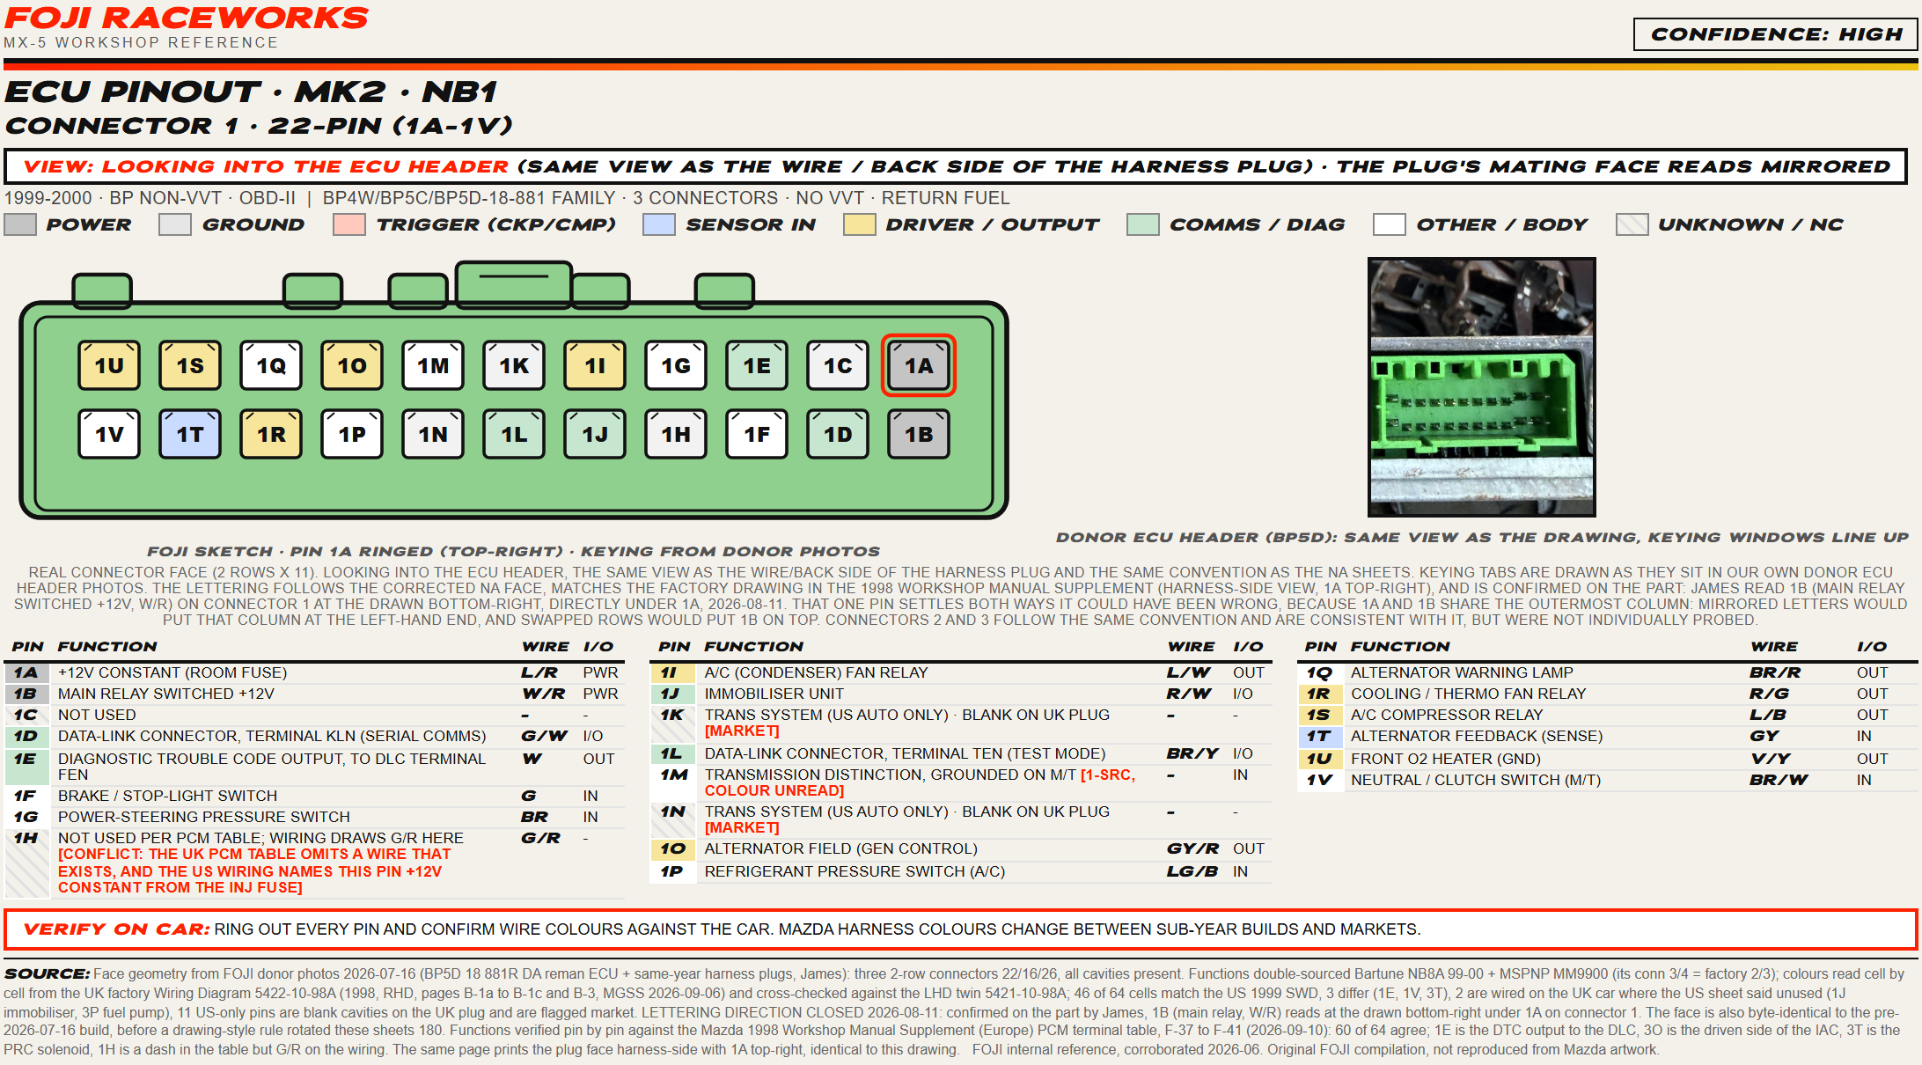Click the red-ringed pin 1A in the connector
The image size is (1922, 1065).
pos(919,365)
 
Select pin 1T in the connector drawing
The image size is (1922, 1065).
pos(190,434)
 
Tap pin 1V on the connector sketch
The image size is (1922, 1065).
pos(109,434)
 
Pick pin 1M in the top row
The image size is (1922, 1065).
pos(433,365)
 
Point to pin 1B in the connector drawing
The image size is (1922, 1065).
pos(919,434)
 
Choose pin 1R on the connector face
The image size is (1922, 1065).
pos(271,434)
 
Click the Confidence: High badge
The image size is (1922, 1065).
pos(1776,34)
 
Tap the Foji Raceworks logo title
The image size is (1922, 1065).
pos(187,18)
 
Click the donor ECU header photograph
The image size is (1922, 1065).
pos(1481,386)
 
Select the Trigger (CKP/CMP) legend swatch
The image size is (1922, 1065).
pos(349,224)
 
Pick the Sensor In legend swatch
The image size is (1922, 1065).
pos(658,224)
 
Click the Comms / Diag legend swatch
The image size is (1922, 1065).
pos(1142,224)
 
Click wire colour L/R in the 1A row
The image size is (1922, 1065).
pos(539,672)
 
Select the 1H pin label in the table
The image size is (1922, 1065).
pos(26,838)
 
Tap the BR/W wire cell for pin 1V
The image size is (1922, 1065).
pos(1778,780)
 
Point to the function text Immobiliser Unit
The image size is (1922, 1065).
pos(774,694)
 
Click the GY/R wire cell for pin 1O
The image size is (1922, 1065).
pos(1192,848)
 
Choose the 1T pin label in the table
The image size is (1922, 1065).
pos(1318,736)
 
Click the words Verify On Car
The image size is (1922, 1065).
pos(116,929)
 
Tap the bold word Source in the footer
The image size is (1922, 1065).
pos(47,973)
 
